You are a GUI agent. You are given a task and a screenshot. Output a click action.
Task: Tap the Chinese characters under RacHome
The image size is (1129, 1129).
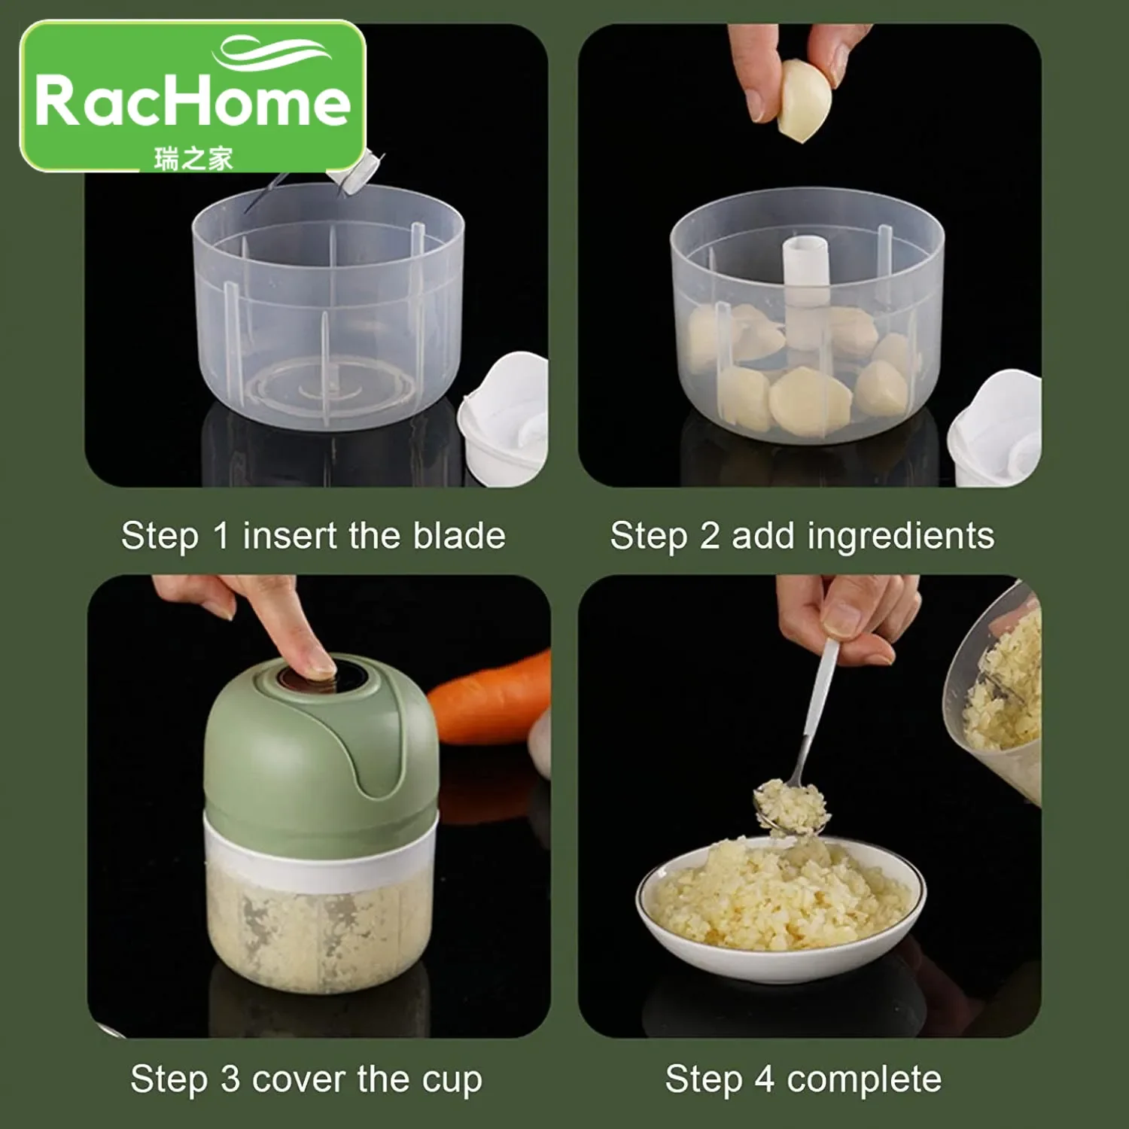(x=193, y=159)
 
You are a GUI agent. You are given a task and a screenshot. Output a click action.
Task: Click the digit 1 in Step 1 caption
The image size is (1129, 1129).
(x=220, y=536)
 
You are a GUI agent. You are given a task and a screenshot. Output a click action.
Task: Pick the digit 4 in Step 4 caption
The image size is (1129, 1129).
(x=765, y=1079)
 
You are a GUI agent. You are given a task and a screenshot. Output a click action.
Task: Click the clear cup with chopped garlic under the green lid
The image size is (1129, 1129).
(x=320, y=933)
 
